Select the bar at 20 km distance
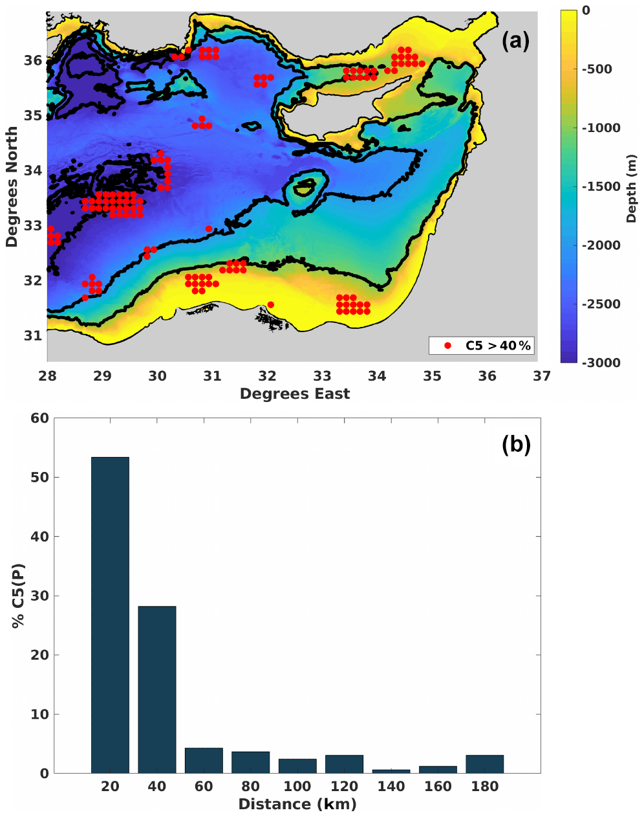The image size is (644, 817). pyautogui.click(x=110, y=615)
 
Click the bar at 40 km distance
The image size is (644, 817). pyautogui.click(x=157, y=689)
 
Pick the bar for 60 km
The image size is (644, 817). pyautogui.click(x=204, y=761)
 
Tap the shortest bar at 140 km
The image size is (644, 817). pyautogui.click(x=391, y=771)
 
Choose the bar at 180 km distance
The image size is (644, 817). pyautogui.click(x=485, y=764)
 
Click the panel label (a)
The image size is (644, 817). pyautogui.click(x=515, y=41)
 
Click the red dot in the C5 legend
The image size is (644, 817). pyautogui.click(x=447, y=346)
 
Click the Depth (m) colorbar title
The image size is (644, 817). pyautogui.click(x=632, y=188)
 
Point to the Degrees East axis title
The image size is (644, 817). pyautogui.click(x=295, y=394)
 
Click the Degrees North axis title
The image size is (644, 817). pyautogui.click(x=12, y=186)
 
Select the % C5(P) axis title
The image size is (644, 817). pyautogui.click(x=18, y=596)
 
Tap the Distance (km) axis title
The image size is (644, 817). pyautogui.click(x=297, y=804)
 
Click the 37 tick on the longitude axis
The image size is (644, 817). pyautogui.click(x=542, y=376)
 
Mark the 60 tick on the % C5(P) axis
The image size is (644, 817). pyautogui.click(x=40, y=418)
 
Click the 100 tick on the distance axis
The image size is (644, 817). pyautogui.click(x=297, y=787)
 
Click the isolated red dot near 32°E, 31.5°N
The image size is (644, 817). pyautogui.click(x=270, y=304)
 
